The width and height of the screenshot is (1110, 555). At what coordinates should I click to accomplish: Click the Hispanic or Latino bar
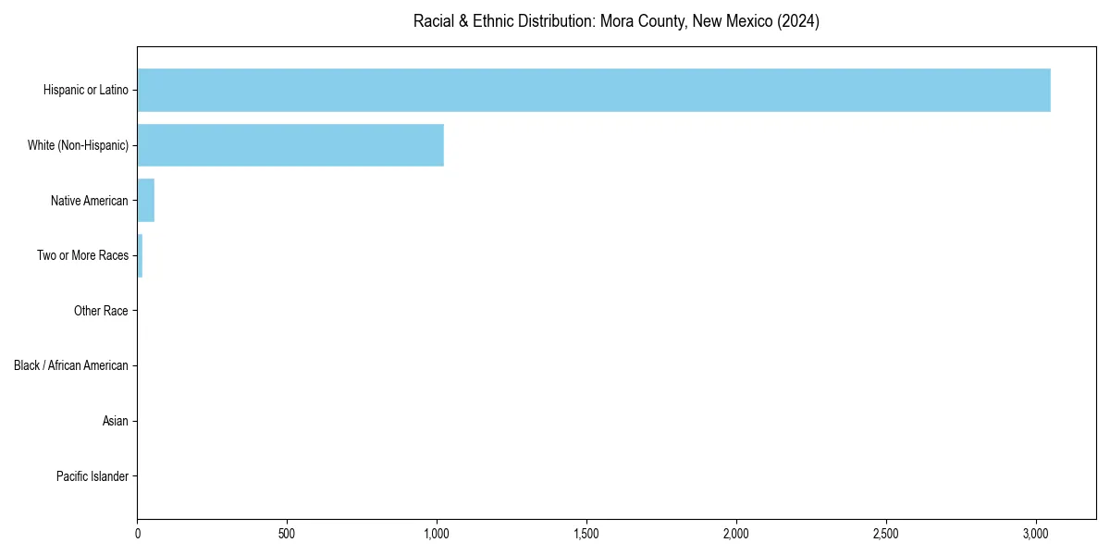(x=594, y=90)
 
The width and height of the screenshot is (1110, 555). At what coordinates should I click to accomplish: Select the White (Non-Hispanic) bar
(x=290, y=145)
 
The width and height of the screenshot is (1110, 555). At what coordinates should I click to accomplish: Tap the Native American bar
(x=146, y=201)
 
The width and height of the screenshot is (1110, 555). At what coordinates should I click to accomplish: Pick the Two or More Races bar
(x=140, y=255)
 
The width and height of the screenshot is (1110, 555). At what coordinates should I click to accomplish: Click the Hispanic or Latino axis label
(x=86, y=90)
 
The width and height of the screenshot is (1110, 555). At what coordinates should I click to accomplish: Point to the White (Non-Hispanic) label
(x=78, y=145)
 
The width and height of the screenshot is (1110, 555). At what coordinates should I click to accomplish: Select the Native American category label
(x=90, y=201)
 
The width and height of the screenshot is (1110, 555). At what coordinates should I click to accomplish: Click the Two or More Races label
(x=82, y=255)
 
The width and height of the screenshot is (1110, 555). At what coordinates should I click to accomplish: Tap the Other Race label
(x=101, y=311)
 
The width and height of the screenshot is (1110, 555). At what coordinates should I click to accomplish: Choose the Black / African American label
(x=71, y=365)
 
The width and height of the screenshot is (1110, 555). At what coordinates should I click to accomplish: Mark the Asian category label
(x=116, y=421)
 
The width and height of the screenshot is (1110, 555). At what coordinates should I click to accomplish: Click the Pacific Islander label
(x=92, y=476)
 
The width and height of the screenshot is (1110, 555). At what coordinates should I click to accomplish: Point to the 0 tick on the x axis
(x=138, y=534)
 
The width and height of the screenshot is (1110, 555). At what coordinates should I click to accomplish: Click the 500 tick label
(x=287, y=534)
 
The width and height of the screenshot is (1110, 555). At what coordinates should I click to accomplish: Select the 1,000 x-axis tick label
(x=437, y=534)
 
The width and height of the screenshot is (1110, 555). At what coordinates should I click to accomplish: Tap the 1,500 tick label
(x=586, y=534)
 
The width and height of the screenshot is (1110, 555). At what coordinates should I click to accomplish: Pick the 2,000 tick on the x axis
(x=736, y=534)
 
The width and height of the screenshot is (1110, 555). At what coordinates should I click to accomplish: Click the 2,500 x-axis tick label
(x=886, y=534)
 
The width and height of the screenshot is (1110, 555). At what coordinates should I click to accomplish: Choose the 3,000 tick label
(x=1036, y=534)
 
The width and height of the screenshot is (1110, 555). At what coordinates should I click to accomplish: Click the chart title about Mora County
(x=616, y=21)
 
